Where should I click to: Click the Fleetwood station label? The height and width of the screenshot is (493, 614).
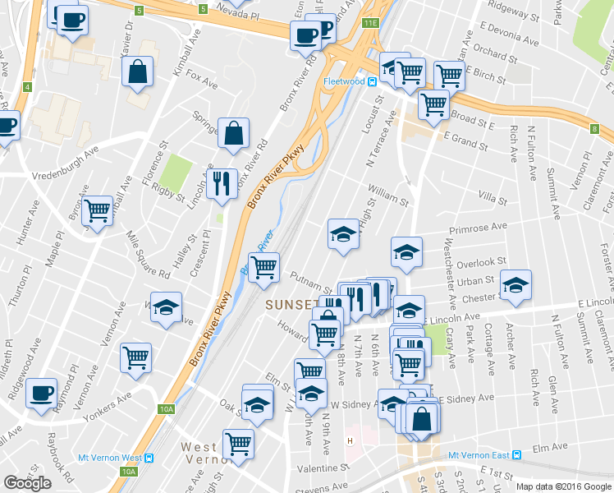pyautogui.click(x=344, y=81)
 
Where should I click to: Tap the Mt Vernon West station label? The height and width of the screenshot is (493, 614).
pyautogui.click(x=108, y=458)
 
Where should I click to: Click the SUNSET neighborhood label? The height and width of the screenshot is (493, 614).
pyautogui.click(x=291, y=306)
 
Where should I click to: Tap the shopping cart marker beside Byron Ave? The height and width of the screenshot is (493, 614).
pyautogui.click(x=98, y=211)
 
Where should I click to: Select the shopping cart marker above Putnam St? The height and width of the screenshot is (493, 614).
pyautogui.click(x=263, y=267)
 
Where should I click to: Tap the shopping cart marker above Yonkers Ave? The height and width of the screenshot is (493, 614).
pyautogui.click(x=135, y=357)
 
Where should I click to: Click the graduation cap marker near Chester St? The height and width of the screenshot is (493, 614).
pyautogui.click(x=515, y=287)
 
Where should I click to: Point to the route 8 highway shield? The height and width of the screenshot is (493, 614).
pyautogui.click(x=594, y=128)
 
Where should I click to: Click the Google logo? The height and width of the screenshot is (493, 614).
pyautogui.click(x=28, y=483)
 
